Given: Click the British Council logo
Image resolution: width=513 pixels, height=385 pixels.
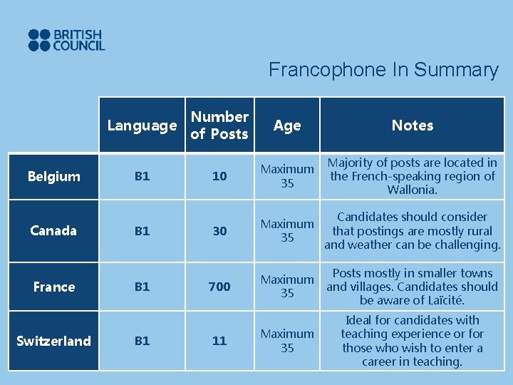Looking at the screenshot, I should coord(66,40).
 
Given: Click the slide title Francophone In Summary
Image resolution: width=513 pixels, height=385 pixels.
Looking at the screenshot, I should coord(383,70).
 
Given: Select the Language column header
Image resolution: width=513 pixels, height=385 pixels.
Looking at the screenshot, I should coord(142,126).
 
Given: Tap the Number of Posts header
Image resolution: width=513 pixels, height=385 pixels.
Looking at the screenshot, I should coord(219,125).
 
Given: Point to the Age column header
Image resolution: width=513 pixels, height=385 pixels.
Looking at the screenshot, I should coord(287,126).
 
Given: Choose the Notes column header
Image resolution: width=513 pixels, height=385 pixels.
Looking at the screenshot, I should coord(413,125).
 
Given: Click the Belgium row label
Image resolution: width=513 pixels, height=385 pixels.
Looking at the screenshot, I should coord(54,177).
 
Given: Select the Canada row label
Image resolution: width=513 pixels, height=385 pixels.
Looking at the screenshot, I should coord(53,231).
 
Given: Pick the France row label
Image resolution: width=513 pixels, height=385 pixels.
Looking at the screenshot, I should coord(54,287).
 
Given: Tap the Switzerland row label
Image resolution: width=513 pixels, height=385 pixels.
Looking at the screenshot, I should coord(54,341).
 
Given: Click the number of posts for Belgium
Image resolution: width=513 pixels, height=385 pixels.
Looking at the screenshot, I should coord(219,177).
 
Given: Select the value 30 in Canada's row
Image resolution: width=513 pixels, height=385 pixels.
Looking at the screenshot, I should coord(219,231).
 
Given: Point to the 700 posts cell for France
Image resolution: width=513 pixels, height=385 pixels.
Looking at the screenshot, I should coord(219,287).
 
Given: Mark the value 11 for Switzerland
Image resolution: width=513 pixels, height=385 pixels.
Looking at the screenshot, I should coord(219,341).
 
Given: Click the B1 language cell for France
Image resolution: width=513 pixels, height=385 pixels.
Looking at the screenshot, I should coord(142,287).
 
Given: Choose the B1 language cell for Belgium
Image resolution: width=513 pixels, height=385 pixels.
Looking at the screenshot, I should coord(142,177).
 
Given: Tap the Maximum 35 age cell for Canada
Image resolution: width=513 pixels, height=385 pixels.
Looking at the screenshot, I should coord(287,231).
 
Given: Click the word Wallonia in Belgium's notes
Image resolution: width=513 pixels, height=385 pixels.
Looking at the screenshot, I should coord(413,190).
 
